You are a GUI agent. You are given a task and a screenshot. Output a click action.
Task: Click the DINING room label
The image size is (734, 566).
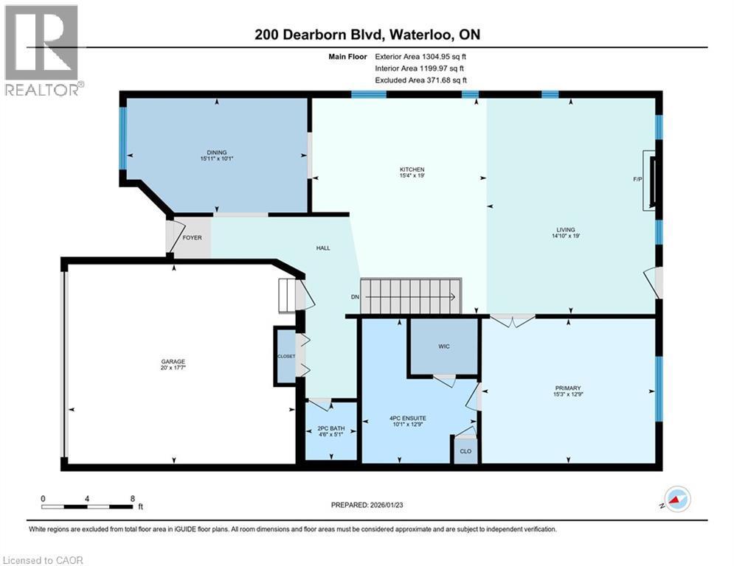217,152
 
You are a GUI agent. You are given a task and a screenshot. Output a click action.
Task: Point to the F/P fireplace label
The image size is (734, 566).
638,179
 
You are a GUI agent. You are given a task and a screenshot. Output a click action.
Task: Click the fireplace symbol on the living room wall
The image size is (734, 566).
649,180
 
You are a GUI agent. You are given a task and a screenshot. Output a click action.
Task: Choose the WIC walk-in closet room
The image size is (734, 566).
443,346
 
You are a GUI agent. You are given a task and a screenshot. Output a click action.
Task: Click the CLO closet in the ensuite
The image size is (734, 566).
465,451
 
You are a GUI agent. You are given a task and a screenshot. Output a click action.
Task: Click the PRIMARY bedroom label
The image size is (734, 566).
569,388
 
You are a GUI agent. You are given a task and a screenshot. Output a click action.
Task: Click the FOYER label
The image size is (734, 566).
192,237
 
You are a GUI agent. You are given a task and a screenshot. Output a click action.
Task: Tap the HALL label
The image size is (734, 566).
323,248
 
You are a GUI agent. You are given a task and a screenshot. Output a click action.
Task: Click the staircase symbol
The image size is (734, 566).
409,296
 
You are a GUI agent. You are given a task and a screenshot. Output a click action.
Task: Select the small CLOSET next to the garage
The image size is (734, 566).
285,357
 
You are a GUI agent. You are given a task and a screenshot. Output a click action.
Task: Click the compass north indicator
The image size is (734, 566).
676,498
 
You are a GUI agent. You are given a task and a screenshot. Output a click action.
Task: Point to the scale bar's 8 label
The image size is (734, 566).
133,498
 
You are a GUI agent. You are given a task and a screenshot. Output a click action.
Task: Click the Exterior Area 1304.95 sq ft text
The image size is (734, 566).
421,55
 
